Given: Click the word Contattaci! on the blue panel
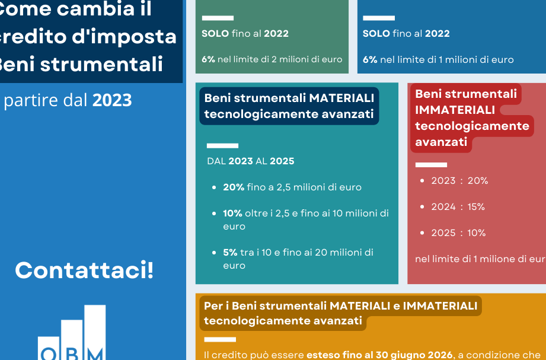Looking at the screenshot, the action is coord(84,270).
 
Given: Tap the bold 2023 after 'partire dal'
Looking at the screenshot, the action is coord(112,100).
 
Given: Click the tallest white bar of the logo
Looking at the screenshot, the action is coord(95,333).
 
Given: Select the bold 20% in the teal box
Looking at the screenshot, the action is coord(234,187).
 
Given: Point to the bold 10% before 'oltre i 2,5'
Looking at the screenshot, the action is coord(232,214).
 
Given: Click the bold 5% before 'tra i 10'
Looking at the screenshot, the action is coord(230,252).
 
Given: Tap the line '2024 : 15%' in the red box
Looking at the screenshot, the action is coord(458,206).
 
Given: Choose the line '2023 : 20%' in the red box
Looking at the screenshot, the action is coord(459,180).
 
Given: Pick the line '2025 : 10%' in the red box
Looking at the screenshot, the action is coord(458,233).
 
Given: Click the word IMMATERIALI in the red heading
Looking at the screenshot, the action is coord(455,110).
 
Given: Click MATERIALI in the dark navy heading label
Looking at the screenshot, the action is coord(341,98).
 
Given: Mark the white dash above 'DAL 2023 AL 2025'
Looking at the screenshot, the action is coord(222,146).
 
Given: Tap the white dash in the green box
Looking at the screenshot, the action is coord(218,18).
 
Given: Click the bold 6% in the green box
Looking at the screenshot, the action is coord(208,59).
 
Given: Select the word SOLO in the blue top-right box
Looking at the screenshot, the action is coord(376,33).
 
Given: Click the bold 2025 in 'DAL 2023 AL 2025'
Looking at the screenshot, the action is coord(282,161).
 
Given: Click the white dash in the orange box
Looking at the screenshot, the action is coord(220,339).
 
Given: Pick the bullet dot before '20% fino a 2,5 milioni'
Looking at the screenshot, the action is coord(214,187).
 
